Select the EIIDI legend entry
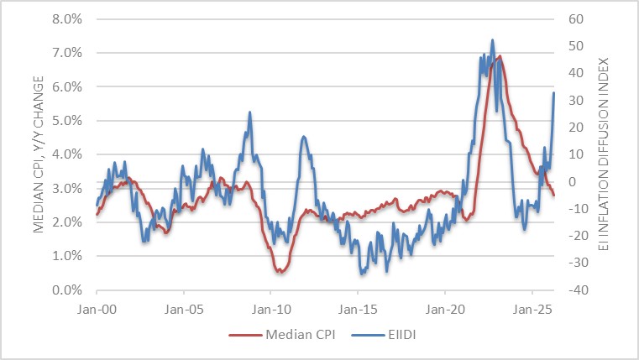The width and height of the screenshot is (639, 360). (386, 334)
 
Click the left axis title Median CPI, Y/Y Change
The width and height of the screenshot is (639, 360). (39, 154)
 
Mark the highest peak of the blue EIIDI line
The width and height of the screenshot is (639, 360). (492, 39)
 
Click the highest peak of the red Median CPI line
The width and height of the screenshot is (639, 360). (500, 56)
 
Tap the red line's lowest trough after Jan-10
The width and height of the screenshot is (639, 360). (280, 273)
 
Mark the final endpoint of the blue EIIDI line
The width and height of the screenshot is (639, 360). (554, 92)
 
